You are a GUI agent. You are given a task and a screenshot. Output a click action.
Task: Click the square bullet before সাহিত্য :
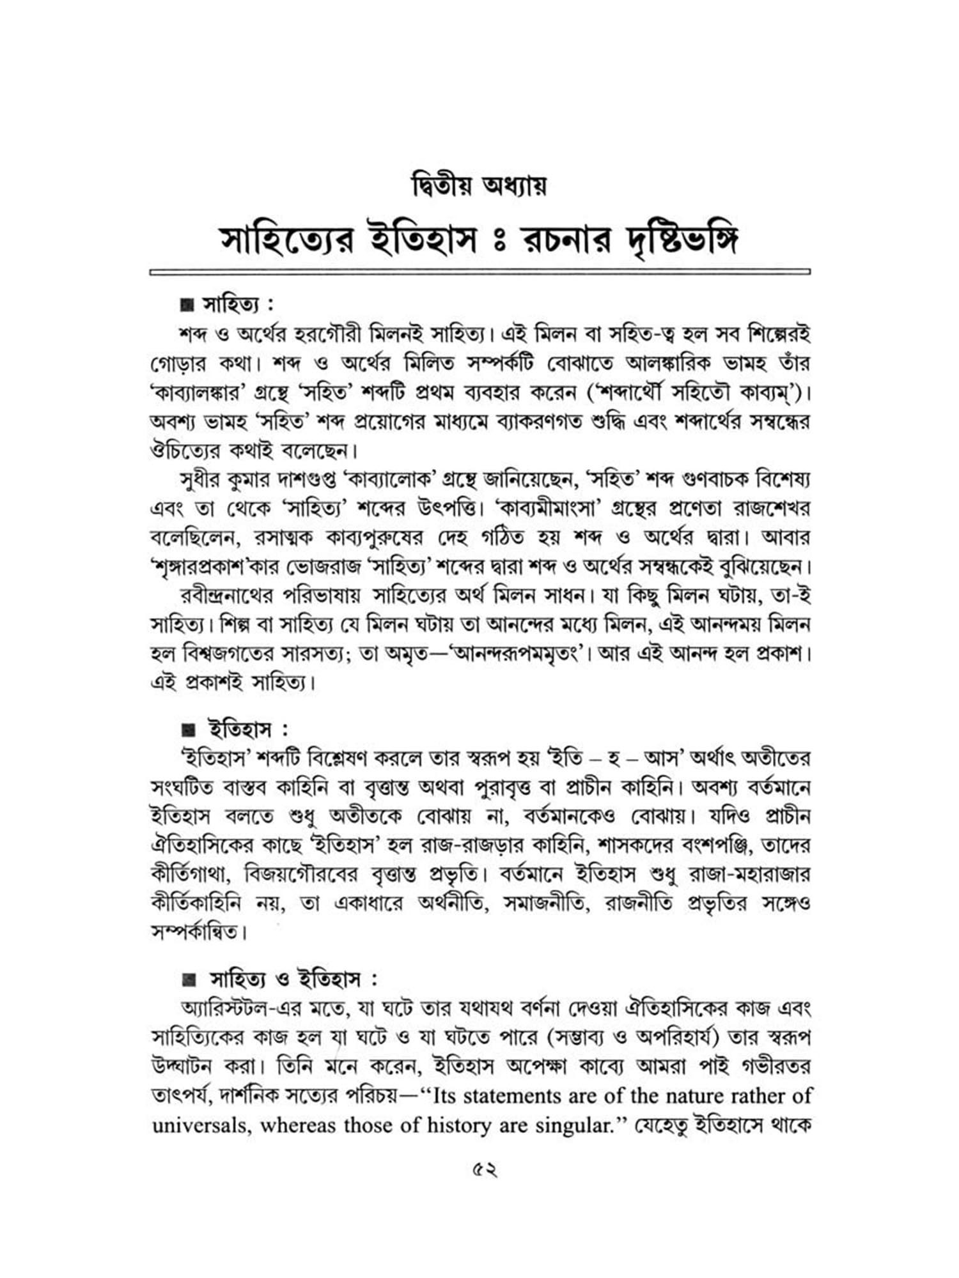click(186, 305)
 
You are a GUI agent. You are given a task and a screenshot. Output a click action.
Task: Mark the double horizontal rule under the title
click(479, 272)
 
